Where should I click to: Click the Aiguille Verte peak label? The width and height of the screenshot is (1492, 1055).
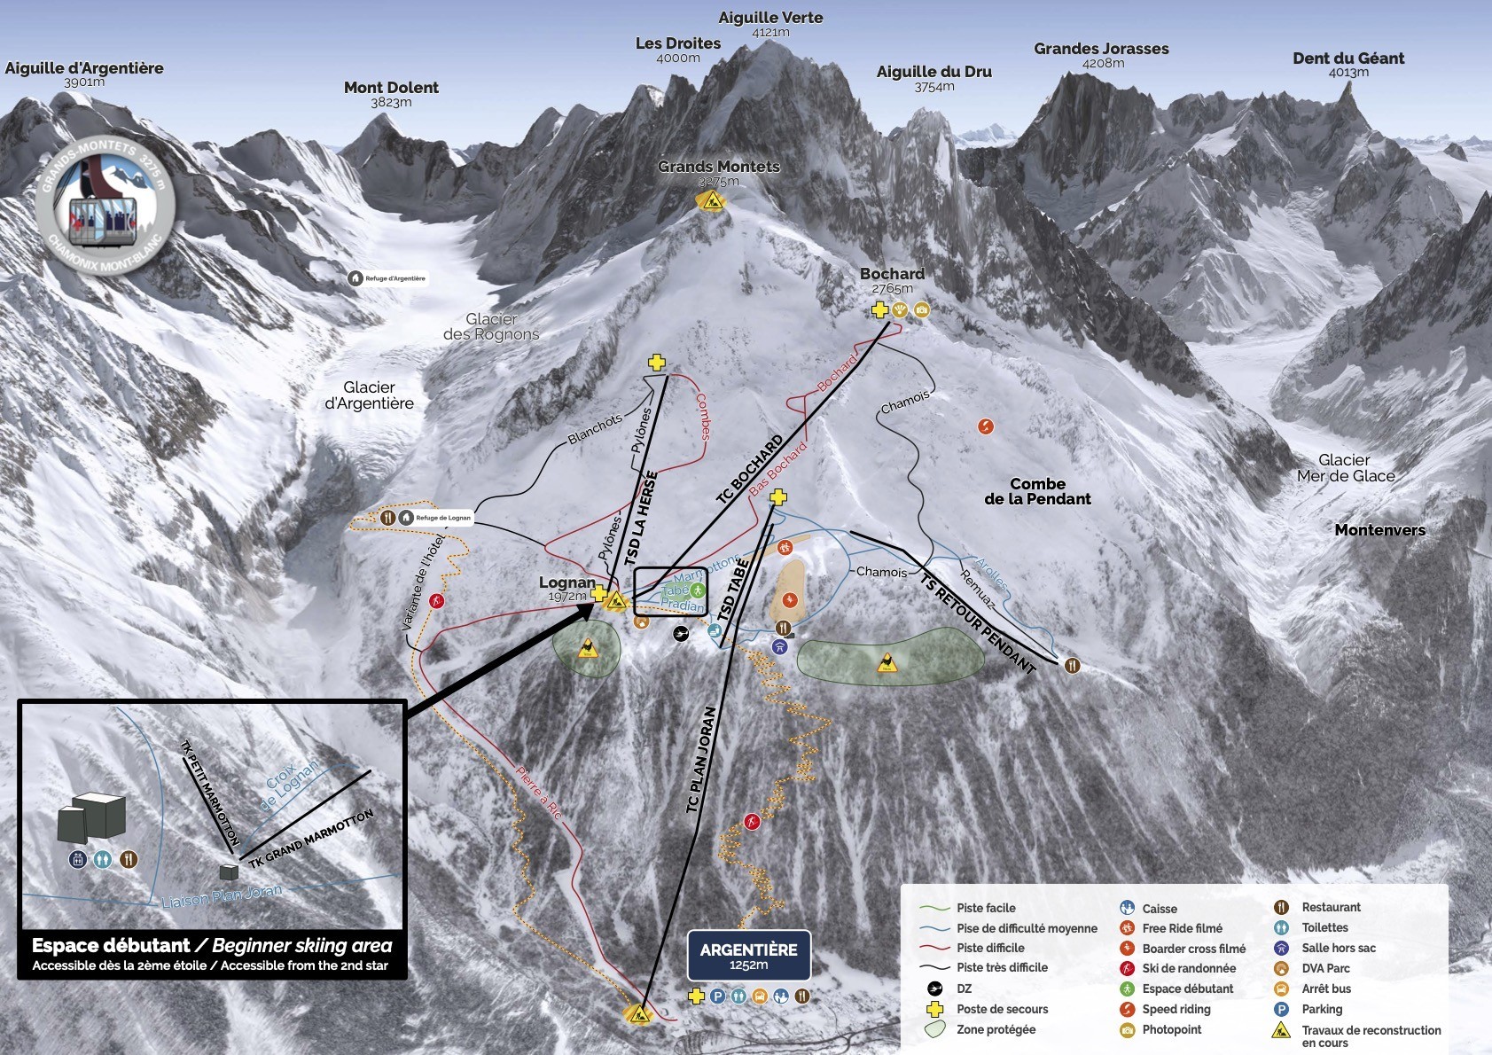coord(770,19)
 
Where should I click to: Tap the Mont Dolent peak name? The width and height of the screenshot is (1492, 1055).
coord(391,88)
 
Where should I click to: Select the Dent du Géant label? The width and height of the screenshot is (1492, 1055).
coord(1347,59)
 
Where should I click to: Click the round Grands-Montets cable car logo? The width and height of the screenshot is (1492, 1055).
coord(105,205)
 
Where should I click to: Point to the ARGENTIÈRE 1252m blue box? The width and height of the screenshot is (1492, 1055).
coord(748,955)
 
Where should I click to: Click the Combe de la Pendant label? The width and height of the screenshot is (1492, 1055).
coord(1037,491)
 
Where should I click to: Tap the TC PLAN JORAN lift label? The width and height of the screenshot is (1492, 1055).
coord(700,759)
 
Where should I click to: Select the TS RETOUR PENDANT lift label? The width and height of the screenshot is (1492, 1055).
coord(977,623)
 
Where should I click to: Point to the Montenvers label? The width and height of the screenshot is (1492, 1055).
coord(1379,530)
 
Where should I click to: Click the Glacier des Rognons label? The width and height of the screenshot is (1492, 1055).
coord(491,326)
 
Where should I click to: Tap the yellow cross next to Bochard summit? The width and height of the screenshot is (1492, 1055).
coord(879,309)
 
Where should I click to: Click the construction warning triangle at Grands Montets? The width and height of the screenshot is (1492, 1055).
coord(711,201)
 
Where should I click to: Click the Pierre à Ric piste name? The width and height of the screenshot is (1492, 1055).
coord(539,793)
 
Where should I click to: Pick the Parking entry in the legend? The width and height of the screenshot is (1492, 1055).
coord(1321,1009)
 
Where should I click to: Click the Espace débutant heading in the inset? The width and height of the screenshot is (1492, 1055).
coord(111,946)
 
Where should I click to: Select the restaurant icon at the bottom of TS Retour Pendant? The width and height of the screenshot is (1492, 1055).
coord(1072,665)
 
